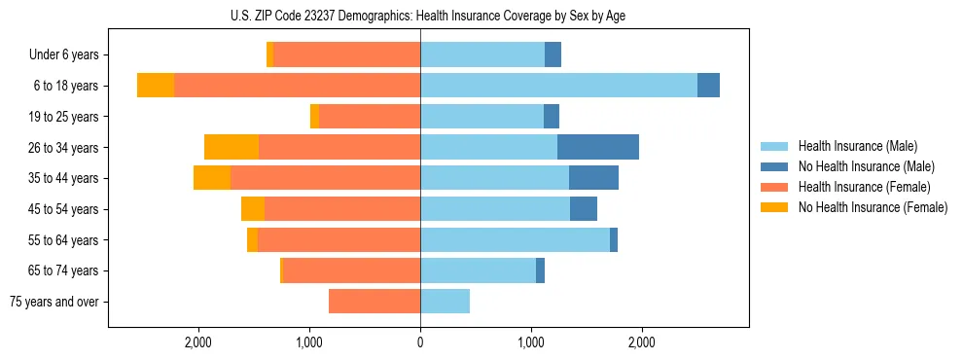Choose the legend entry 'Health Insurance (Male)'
857,146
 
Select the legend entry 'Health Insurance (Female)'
864,187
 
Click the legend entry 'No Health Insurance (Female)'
873,207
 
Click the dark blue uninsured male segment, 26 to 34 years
598,147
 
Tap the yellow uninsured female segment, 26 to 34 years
232,147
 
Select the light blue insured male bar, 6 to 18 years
558,86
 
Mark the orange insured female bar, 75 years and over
374,302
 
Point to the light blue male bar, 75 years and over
445,302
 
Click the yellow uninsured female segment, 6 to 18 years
156,86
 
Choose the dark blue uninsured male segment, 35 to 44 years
593,178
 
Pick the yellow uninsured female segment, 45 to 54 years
253,209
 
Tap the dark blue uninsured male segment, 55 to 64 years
614,239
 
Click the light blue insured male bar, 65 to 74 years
478,270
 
